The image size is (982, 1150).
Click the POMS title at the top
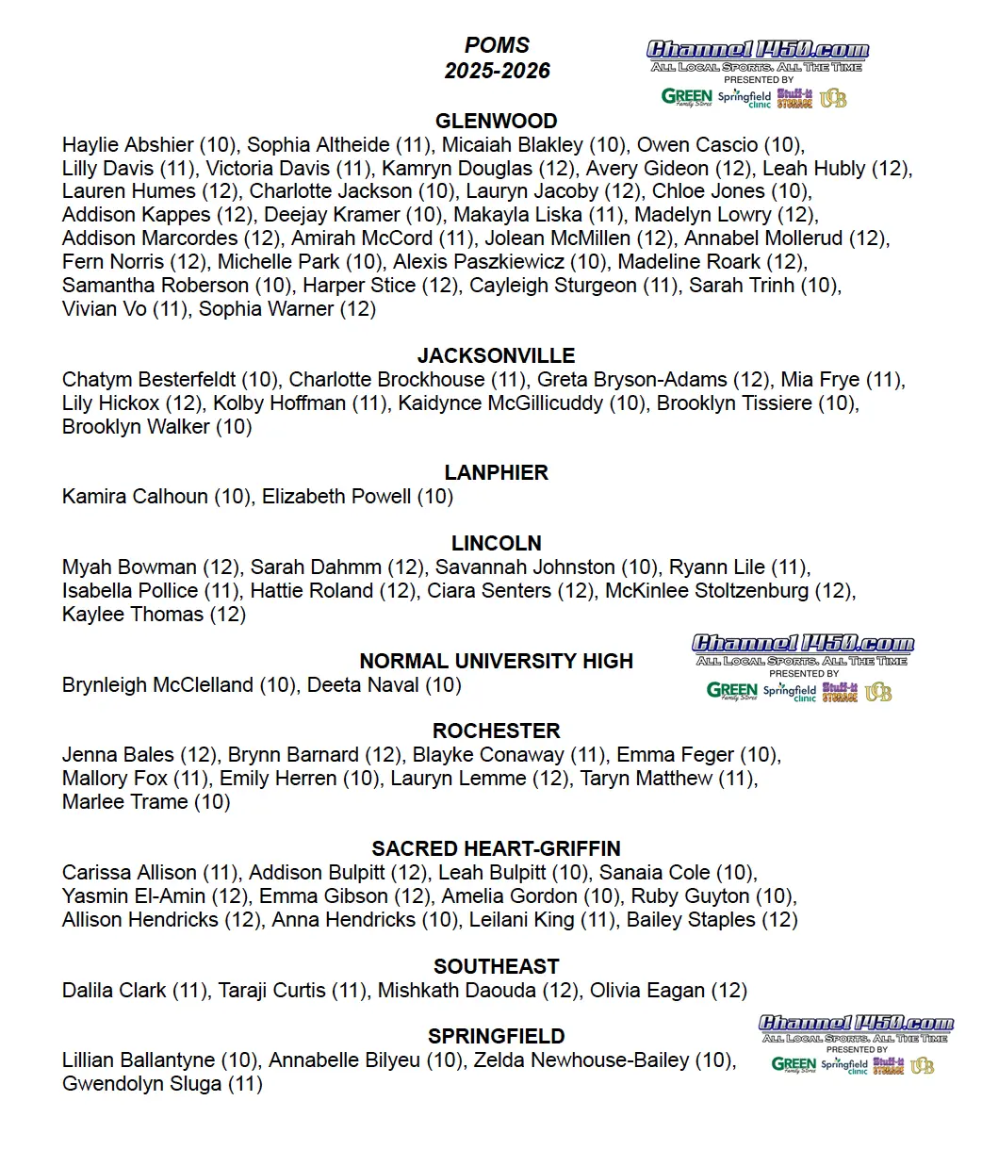pyautogui.click(x=497, y=45)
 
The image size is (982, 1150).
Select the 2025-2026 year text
pyautogui.click(x=497, y=71)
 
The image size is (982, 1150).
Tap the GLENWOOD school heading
pyautogui.click(x=497, y=121)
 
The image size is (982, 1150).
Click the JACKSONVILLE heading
pyautogui.click(x=497, y=355)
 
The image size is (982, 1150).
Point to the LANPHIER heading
pyautogui.click(x=497, y=472)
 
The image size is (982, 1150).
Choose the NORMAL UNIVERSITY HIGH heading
pyautogui.click(x=497, y=661)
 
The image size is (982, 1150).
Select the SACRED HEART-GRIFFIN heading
pyautogui.click(x=497, y=848)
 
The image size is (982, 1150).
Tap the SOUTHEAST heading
pyautogui.click(x=497, y=966)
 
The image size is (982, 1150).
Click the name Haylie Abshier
pyautogui.click(x=127, y=145)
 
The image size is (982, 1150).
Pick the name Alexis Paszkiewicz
pyautogui.click(x=479, y=262)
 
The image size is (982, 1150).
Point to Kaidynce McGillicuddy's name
pyautogui.click(x=499, y=403)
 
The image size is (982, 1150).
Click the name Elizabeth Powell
pyautogui.click(x=336, y=497)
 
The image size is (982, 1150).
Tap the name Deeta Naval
pyautogui.click(x=363, y=685)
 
